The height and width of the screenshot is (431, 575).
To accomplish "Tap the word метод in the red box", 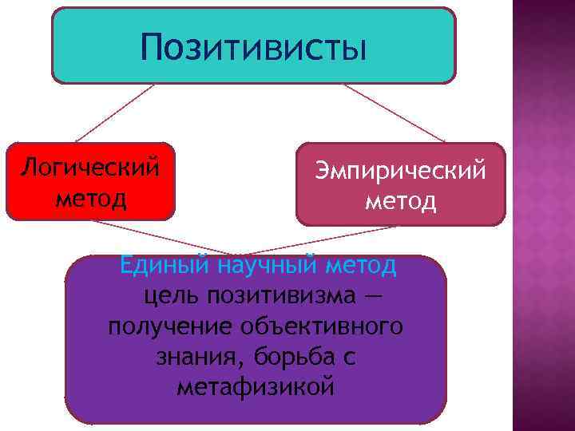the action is pyautogui.click(x=90, y=196).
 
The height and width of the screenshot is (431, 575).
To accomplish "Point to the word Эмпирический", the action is pyautogui.click(x=401, y=170).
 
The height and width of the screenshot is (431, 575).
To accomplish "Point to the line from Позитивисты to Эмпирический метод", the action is pyautogui.click(x=391, y=113).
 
